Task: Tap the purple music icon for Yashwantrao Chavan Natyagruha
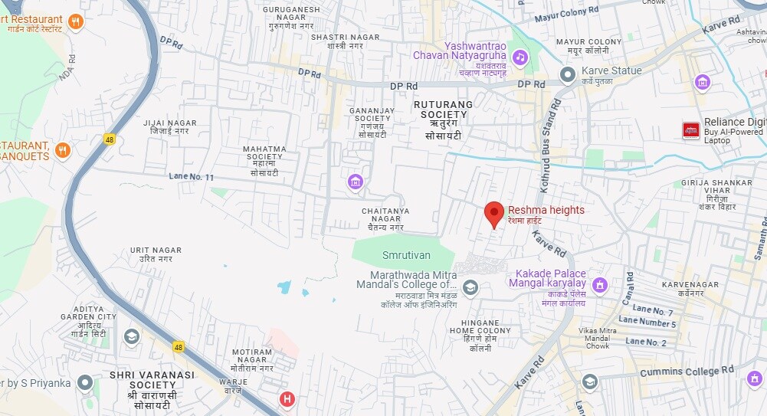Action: click(520, 57)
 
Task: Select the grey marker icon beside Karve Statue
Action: click(568, 74)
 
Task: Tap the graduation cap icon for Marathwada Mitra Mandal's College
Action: click(470, 288)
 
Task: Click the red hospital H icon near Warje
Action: click(287, 399)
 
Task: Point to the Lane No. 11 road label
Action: click(192, 177)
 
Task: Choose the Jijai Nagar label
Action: click(170, 127)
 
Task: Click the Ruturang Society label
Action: click(444, 120)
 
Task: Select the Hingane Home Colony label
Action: click(480, 336)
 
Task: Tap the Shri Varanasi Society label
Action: click(152, 385)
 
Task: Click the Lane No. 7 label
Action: click(654, 312)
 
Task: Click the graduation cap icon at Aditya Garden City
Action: click(132, 336)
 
